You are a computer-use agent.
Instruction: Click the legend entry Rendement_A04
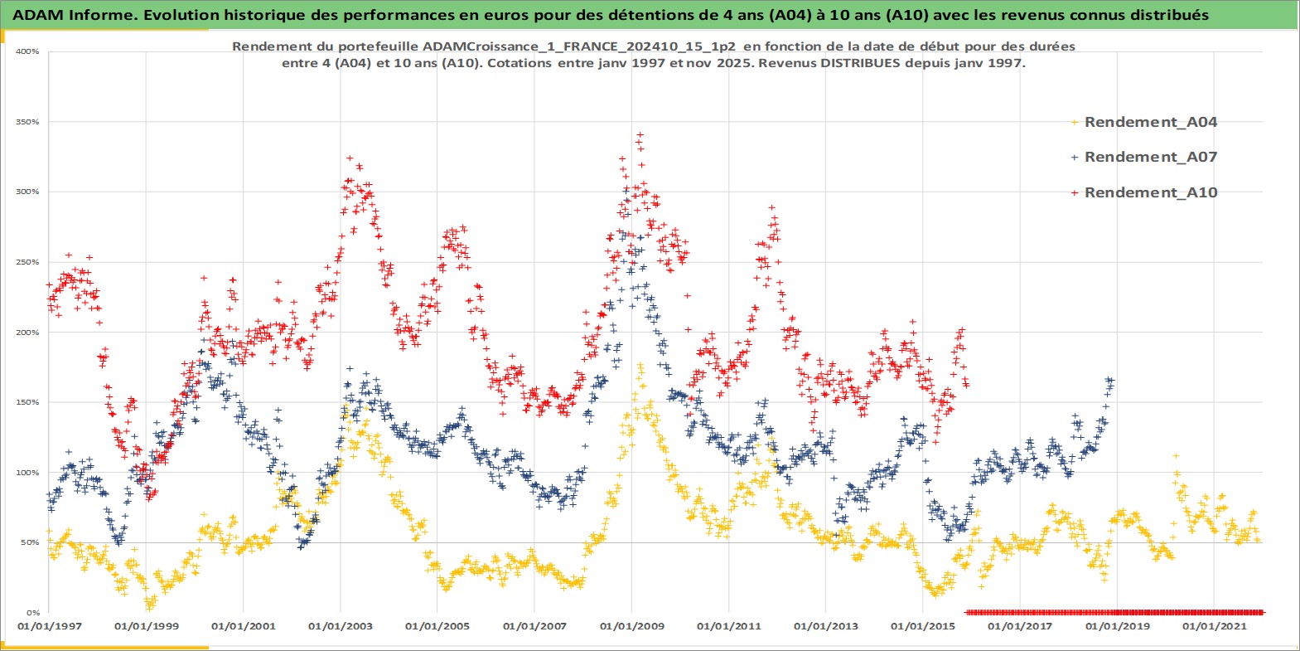tap(1150, 122)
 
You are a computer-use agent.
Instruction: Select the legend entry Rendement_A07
tap(1150, 157)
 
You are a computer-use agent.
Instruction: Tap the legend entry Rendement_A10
tap(1150, 192)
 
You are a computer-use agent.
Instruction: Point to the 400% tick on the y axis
tap(28, 51)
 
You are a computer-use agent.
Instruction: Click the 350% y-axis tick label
tap(28, 122)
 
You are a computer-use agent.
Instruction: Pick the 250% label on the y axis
tap(28, 262)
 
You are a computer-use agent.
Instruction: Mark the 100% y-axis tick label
tap(28, 473)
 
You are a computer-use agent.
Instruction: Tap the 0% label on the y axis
tap(33, 613)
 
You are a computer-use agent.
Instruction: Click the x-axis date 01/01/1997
tap(50, 626)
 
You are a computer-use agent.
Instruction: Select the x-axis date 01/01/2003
tap(341, 626)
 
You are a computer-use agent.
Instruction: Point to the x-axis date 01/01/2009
tap(632, 626)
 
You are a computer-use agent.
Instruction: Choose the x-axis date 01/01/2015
tap(923, 626)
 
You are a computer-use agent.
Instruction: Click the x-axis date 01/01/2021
tap(1214, 626)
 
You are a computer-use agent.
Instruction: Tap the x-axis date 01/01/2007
tap(534, 626)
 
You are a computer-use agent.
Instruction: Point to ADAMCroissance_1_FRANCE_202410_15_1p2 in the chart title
tap(579, 46)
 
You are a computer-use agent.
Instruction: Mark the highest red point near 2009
tap(639, 134)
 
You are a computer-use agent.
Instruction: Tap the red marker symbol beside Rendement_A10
tap(1075, 192)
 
